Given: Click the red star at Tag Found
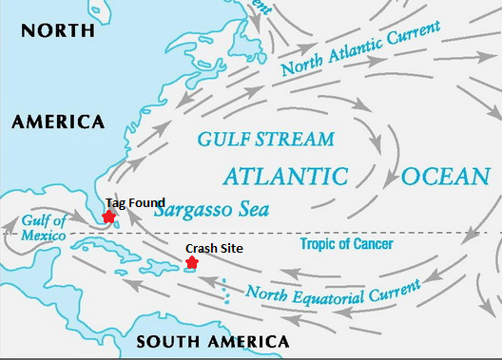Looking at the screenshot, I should [x=108, y=217].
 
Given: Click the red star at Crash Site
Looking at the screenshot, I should [x=192, y=262].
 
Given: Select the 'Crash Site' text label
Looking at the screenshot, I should [x=214, y=248].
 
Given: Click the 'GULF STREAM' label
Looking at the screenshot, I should [x=265, y=140].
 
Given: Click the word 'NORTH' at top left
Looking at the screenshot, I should [x=58, y=30].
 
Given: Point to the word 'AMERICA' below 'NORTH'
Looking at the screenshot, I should [x=58, y=122].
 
